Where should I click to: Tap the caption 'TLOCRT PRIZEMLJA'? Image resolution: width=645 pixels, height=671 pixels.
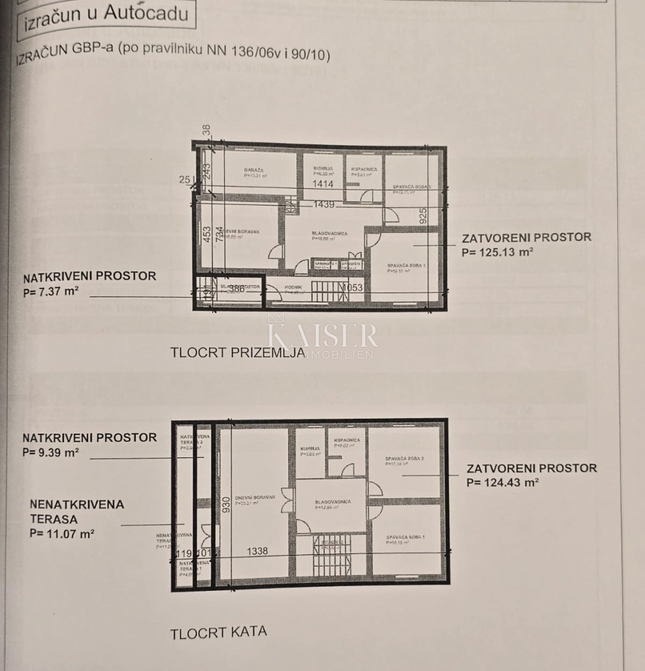[x=238, y=353]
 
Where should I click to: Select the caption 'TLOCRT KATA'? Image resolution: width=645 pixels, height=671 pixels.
[x=219, y=633]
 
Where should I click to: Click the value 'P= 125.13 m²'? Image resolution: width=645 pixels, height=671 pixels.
[x=498, y=252]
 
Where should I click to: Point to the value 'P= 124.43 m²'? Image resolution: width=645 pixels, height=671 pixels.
[x=502, y=482]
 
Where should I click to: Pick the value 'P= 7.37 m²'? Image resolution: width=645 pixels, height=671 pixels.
[x=51, y=291]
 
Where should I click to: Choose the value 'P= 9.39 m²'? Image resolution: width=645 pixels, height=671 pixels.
[x=51, y=452]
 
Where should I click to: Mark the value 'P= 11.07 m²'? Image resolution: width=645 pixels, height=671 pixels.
[x=62, y=533]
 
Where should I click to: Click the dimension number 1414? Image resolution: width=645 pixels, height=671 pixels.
[x=323, y=184]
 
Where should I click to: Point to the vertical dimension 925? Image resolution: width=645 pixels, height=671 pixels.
[x=423, y=216]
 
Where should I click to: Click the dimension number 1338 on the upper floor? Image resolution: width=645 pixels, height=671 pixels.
[x=257, y=551]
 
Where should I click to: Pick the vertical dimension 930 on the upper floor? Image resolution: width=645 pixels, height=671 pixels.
[x=227, y=505]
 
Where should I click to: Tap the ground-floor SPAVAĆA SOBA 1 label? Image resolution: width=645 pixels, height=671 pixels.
[x=405, y=267]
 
